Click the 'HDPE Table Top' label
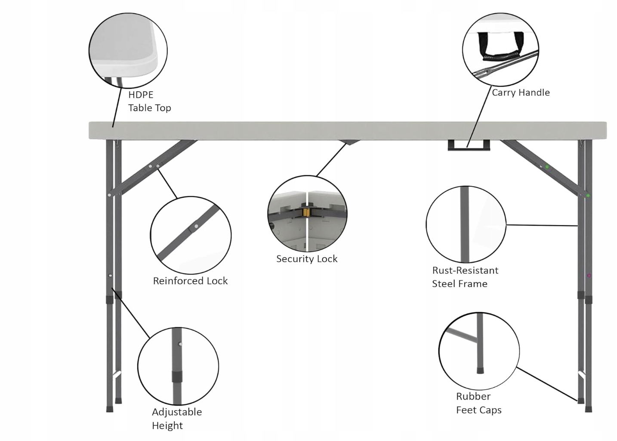coord(149,101)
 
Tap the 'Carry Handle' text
coord(521,93)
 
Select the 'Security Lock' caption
coord(307,259)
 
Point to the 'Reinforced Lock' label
coord(190,281)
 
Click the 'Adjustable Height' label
coord(176,419)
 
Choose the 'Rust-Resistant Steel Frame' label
coord(465,277)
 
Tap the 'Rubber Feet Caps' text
coord(478,403)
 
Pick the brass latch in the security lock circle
coord(307,212)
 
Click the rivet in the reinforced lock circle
coord(196,226)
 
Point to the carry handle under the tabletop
coord(469,145)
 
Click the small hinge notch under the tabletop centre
coord(349,142)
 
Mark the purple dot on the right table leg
coord(589,276)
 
